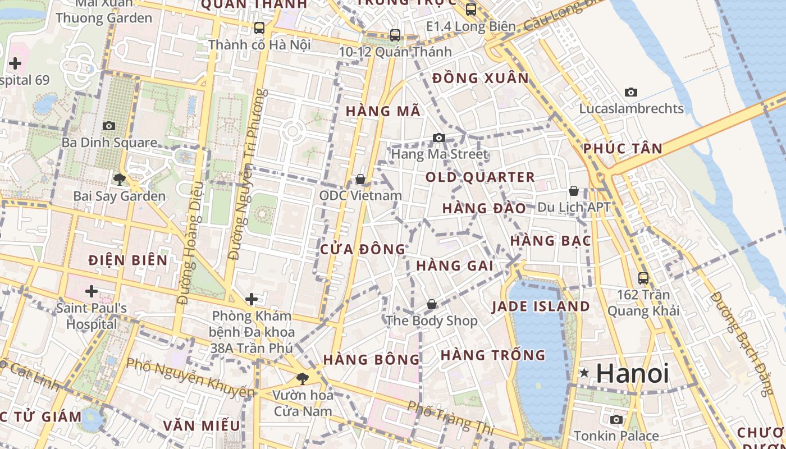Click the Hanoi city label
point(632,373)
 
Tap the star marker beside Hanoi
point(584,373)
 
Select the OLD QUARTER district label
point(480,177)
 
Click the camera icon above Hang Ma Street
point(438,138)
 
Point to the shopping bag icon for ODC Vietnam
point(360,179)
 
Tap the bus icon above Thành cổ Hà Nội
point(259,28)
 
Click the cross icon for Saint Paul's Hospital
point(91,291)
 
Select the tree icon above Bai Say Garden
point(119,180)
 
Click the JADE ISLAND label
point(541,306)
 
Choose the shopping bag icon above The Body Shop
point(431,304)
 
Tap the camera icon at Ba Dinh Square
point(109,126)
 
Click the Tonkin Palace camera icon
point(616,419)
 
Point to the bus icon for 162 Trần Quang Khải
point(643,278)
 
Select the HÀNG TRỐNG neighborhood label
point(493,355)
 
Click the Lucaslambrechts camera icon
point(631,92)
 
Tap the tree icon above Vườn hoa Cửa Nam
point(303,378)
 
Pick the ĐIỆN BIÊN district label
point(128,260)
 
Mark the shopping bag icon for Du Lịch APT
point(573,191)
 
